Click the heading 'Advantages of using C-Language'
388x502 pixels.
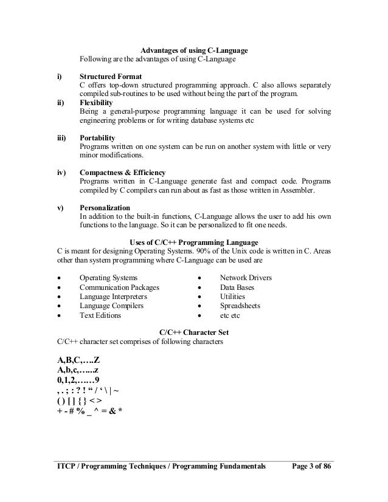[194, 50]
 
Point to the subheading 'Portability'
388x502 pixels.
[99, 139]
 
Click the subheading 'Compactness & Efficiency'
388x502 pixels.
[122, 173]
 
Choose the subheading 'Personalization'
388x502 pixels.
[104, 208]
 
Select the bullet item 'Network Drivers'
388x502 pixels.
[246, 278]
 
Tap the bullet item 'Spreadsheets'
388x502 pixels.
[240, 306]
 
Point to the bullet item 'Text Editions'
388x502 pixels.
[100, 316]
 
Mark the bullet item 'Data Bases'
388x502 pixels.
[237, 287]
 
